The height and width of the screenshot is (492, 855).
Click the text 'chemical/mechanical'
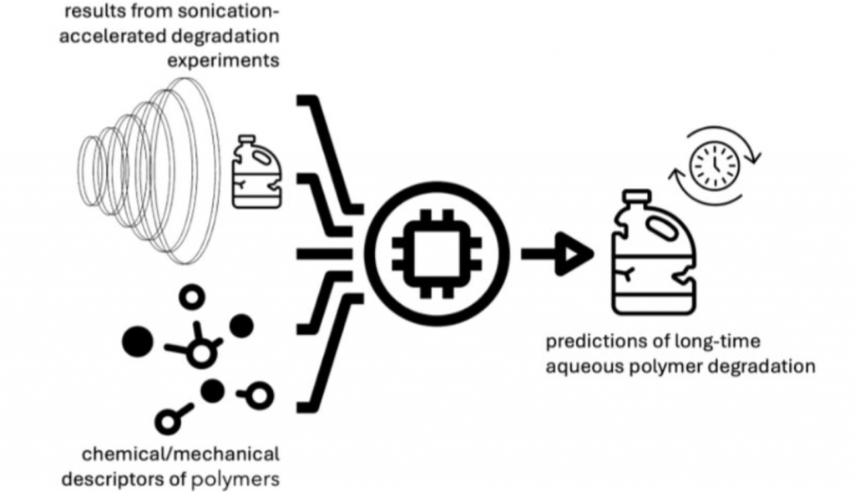coord(180,456)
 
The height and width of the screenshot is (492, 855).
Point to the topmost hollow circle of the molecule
coord(195,297)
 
